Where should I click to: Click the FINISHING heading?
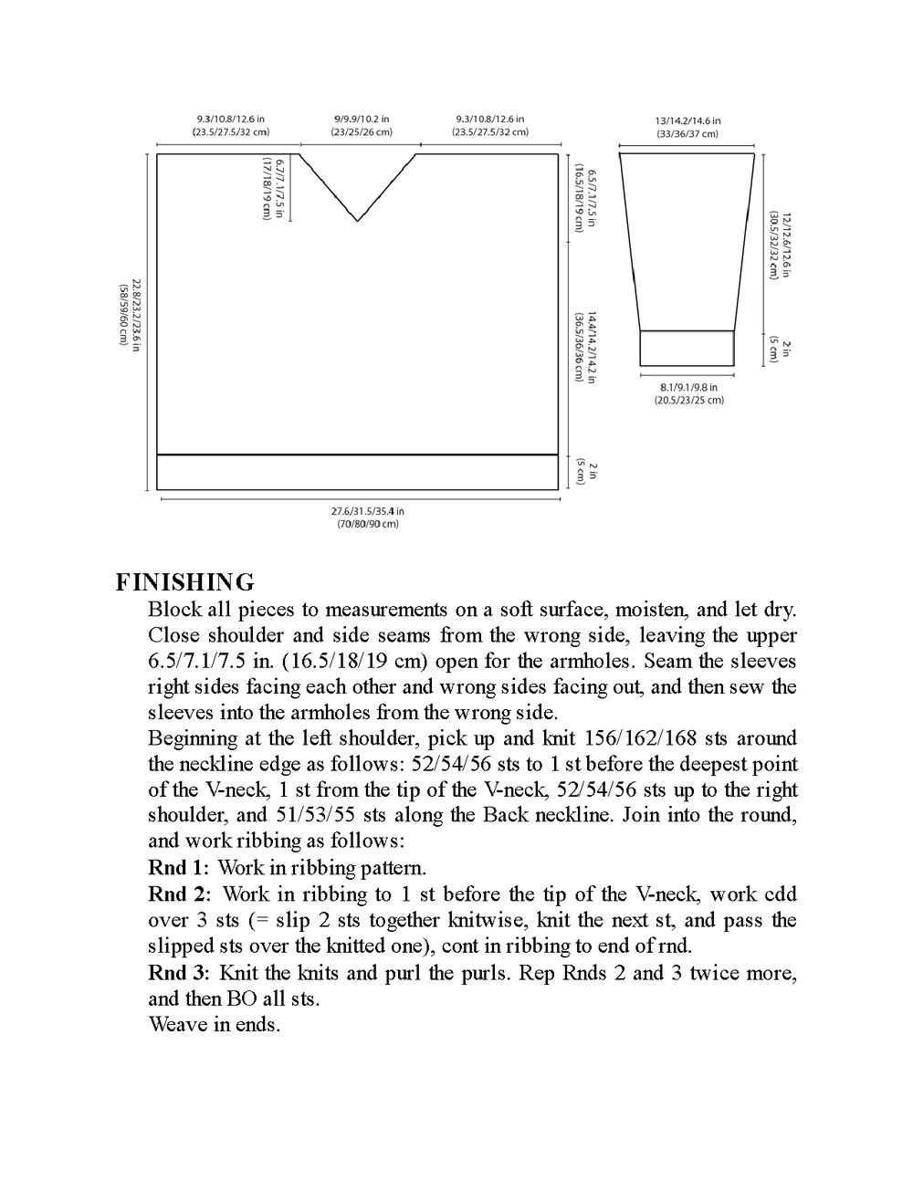[184, 582]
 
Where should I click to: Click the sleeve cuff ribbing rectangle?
[687, 348]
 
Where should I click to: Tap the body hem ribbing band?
[357, 472]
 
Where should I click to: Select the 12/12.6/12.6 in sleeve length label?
[780, 246]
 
